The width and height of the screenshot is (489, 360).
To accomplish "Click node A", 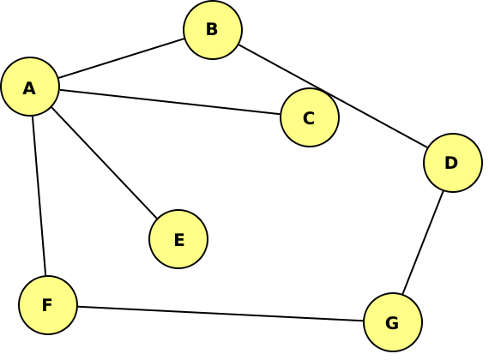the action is point(30,87).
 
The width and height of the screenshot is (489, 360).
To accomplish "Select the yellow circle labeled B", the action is point(213,30).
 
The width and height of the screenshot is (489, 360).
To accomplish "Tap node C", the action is point(310,117).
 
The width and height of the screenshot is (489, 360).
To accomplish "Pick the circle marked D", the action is point(453,163).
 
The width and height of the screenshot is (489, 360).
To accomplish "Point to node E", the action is point(178,239).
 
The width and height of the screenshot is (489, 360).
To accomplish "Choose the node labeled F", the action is point(48,305).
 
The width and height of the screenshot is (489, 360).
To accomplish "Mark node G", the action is point(393,322).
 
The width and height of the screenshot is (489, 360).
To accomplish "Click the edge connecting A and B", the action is point(121,58).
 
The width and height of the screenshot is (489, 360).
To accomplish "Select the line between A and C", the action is point(170,102).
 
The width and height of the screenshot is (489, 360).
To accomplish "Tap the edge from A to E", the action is point(104,162).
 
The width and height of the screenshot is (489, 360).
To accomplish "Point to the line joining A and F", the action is point(39,195).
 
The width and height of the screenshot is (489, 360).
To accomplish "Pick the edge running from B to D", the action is point(333,96).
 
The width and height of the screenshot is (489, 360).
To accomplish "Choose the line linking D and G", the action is point(423,243).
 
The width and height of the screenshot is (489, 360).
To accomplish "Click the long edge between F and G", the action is point(220,314).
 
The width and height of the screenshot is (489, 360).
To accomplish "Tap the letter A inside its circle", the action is point(29,88).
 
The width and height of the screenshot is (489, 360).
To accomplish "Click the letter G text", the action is point(392,323).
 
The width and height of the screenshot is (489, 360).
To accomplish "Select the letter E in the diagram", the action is point(179,240).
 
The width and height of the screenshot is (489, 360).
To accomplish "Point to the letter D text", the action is point(451,163).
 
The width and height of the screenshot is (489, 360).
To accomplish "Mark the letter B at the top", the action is point(212,29).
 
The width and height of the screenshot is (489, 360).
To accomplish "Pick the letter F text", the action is point(47,305).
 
